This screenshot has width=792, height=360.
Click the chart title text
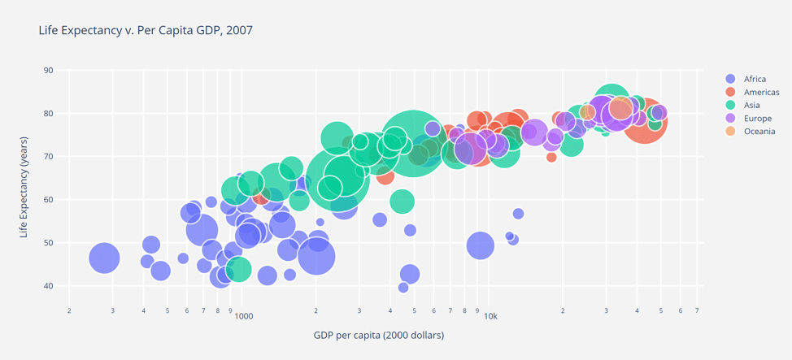[x=146, y=30]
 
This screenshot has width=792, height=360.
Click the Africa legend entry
[x=754, y=79]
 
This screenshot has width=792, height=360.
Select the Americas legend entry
[x=760, y=92]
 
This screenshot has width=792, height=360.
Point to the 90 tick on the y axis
[x=48, y=71]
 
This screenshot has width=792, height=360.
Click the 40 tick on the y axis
[x=48, y=286]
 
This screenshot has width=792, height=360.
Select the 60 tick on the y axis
[x=48, y=200]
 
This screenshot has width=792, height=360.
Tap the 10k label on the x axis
[x=490, y=316]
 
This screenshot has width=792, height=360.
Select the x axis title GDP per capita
[x=378, y=335]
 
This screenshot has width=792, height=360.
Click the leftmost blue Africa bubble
[x=104, y=258]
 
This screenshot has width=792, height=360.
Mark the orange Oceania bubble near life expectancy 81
[x=621, y=108]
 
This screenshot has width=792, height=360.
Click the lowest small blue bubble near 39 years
[x=403, y=288]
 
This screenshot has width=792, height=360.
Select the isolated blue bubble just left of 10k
[x=481, y=245]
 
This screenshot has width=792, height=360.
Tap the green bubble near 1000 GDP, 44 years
[x=238, y=269]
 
